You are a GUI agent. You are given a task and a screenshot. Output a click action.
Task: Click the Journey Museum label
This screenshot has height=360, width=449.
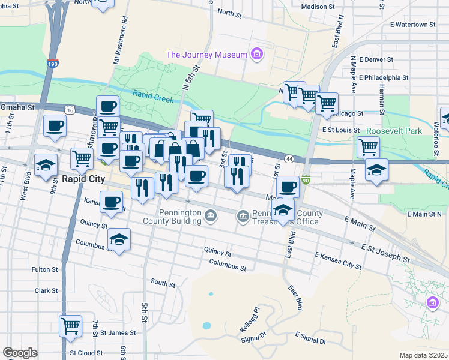click(x=206, y=55)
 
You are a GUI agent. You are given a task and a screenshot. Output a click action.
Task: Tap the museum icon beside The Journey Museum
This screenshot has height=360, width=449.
click(x=256, y=55)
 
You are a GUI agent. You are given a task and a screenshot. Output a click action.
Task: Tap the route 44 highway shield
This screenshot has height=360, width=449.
click(x=289, y=158)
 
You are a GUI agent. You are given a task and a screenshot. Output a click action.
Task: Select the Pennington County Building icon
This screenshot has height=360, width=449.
click(x=211, y=215)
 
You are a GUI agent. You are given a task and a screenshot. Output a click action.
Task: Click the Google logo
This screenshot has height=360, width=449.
click(x=20, y=353)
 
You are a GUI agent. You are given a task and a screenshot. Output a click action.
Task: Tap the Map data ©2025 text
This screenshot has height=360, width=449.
click(x=423, y=355)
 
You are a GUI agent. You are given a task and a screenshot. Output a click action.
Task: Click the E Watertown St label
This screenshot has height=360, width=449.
click(x=412, y=25)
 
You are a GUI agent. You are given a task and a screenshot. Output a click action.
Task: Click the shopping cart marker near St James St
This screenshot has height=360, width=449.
click(x=70, y=326)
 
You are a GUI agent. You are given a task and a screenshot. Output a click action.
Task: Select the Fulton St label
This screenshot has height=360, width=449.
click(x=45, y=269)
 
